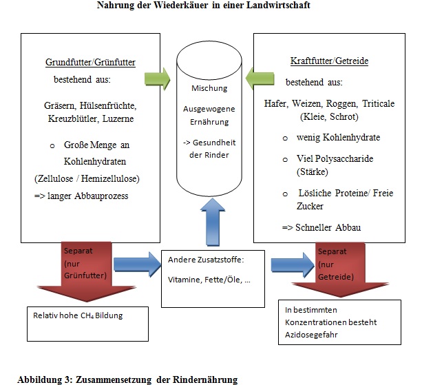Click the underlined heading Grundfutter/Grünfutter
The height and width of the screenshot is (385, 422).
[x=90, y=62]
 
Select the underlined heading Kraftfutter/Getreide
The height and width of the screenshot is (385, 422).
[x=329, y=61]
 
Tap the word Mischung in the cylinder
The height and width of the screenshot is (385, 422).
[x=209, y=88]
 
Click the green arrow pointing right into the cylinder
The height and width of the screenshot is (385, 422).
[x=158, y=79]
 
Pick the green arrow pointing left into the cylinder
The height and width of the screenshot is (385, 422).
[x=260, y=79]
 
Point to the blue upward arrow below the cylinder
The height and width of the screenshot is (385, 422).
[x=213, y=222]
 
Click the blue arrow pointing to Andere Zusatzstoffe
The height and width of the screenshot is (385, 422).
[x=137, y=264]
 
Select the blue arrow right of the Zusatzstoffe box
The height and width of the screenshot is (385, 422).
[x=293, y=265]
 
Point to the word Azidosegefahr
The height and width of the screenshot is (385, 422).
[x=311, y=335]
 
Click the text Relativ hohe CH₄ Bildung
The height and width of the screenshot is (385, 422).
[x=78, y=315]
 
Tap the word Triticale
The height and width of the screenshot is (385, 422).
[x=378, y=103]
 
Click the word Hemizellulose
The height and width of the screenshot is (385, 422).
[x=110, y=178]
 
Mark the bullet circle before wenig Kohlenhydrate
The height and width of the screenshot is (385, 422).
[x=285, y=138]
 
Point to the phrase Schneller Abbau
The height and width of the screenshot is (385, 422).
[x=328, y=227]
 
